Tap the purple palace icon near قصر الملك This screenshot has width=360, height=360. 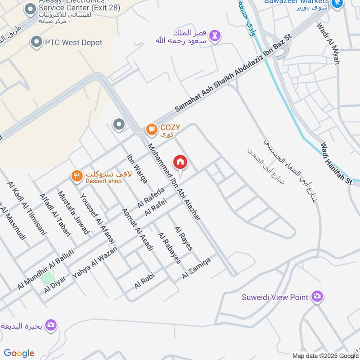[x=216, y=36]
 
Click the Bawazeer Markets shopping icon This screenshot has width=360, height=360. [x=336, y=3]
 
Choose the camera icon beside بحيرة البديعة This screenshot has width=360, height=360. [x=51, y=324]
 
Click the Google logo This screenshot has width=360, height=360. [x=19, y=353]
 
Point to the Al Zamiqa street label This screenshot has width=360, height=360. [x=197, y=268]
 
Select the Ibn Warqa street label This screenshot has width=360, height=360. [x=137, y=169]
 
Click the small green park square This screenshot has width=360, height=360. [x=47, y=278]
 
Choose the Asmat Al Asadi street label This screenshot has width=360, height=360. [x=138, y=230]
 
